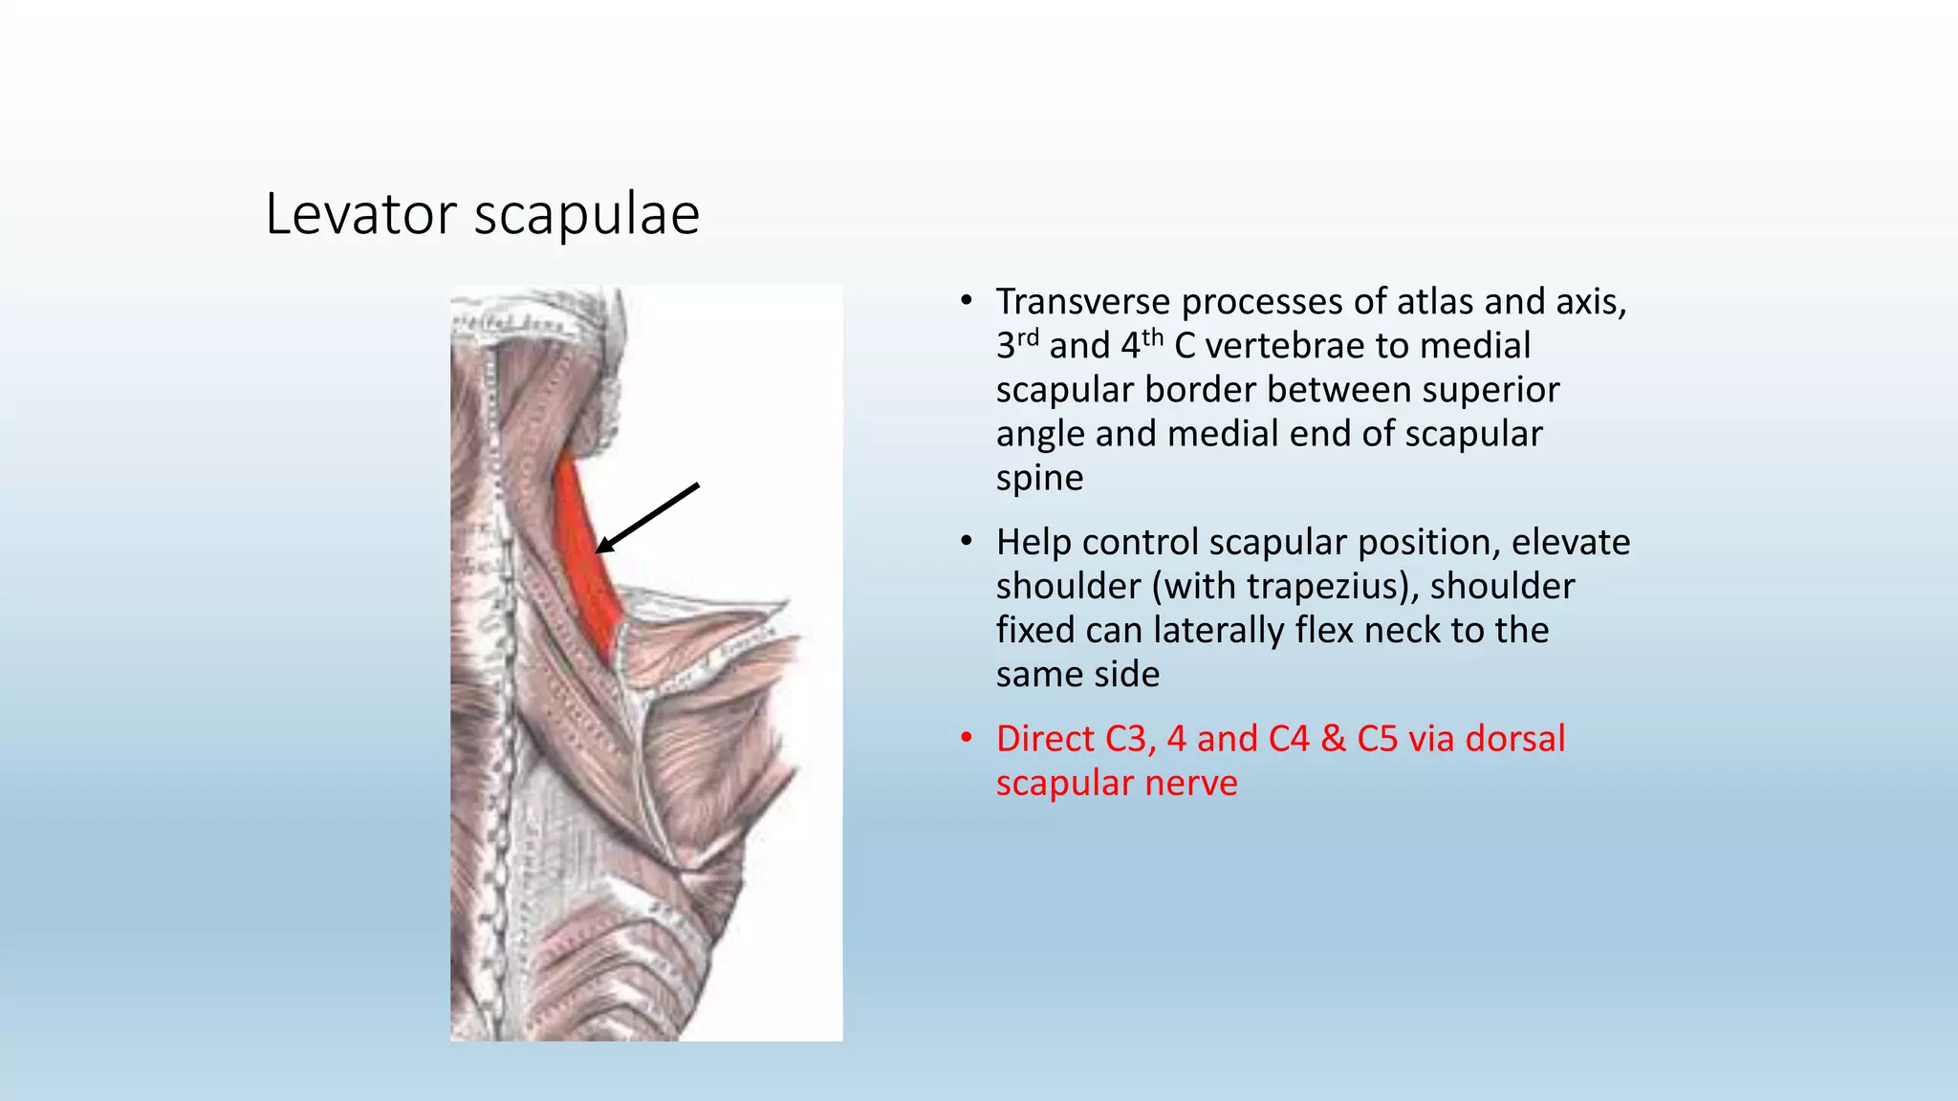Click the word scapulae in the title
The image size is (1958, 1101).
click(587, 215)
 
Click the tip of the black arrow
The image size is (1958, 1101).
click(598, 550)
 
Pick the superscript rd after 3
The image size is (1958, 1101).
click(1027, 337)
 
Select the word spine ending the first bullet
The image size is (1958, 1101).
click(1039, 478)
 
